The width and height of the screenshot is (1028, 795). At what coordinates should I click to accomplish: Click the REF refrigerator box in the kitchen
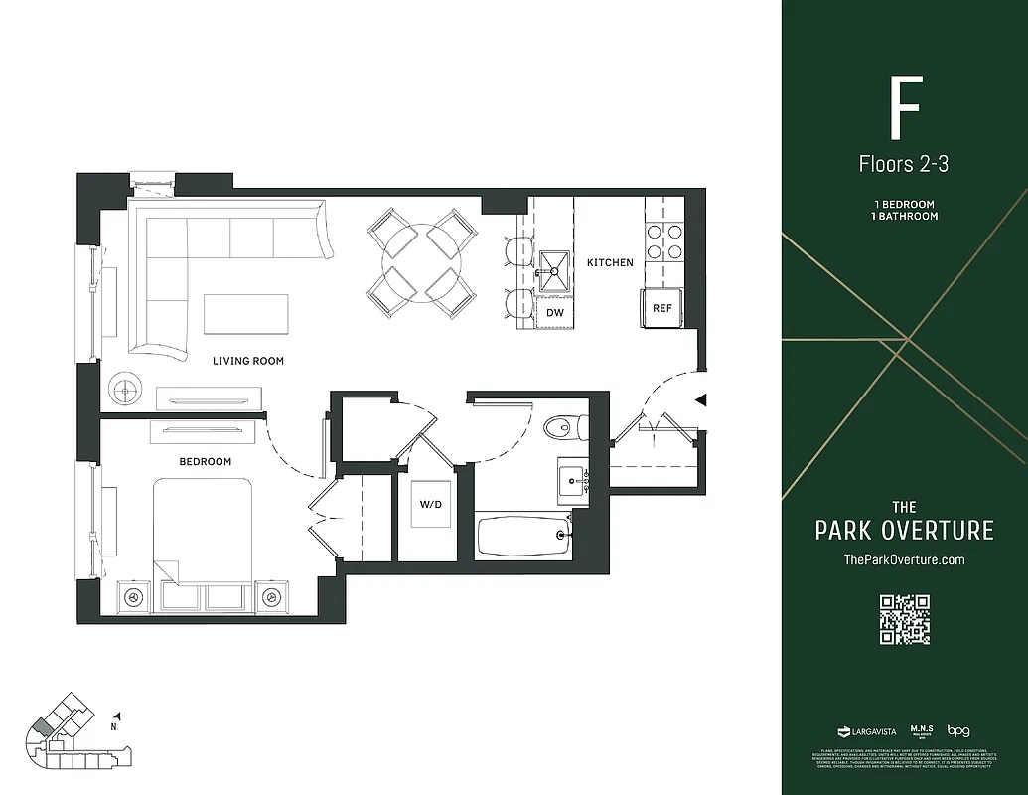tap(662, 308)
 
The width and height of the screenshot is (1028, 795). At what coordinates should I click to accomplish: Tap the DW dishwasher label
tap(555, 312)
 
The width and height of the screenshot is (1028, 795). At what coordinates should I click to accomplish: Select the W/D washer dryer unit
tap(430, 505)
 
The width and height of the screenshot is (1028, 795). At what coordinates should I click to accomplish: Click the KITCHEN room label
tap(610, 263)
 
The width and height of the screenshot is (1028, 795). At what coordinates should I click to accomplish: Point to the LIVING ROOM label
tap(248, 361)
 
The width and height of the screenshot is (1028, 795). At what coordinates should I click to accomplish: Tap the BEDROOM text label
tap(206, 461)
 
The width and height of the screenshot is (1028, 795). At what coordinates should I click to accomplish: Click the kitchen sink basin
tap(553, 265)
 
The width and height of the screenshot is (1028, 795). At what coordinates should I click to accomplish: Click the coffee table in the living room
tap(246, 314)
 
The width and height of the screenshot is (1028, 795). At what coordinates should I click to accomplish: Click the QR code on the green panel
tap(904, 619)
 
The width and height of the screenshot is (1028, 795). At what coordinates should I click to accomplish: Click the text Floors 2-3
tap(904, 164)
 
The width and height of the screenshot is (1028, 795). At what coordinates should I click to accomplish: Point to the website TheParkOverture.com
tap(904, 559)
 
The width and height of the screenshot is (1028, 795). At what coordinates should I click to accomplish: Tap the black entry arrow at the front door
tap(700, 400)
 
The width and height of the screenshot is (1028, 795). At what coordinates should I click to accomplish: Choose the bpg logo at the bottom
tap(957, 730)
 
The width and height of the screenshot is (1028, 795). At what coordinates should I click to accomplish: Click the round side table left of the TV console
tap(126, 391)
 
